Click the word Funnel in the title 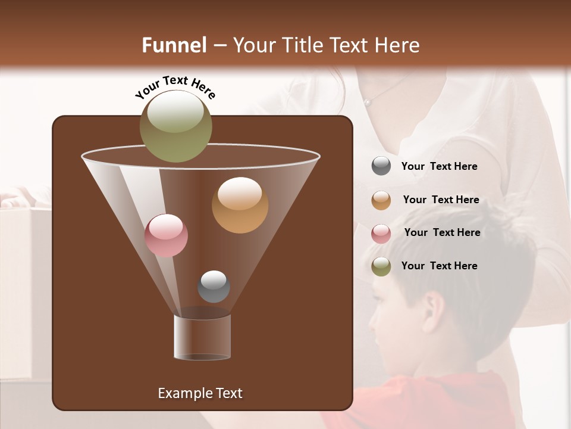(x=174, y=45)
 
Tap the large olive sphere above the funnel (x=175, y=126)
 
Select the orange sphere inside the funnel (x=240, y=205)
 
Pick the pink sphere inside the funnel (x=166, y=235)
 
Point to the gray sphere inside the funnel (x=214, y=286)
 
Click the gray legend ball (x=381, y=166)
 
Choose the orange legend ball (x=381, y=200)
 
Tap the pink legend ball (x=381, y=233)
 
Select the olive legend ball (x=381, y=266)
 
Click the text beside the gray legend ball (x=439, y=166)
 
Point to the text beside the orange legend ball (x=441, y=200)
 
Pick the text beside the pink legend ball (x=442, y=232)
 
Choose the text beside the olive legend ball (x=439, y=266)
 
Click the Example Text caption (x=200, y=393)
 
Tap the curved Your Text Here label (x=175, y=87)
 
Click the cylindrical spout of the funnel (x=202, y=337)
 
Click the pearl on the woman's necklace (x=368, y=102)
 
